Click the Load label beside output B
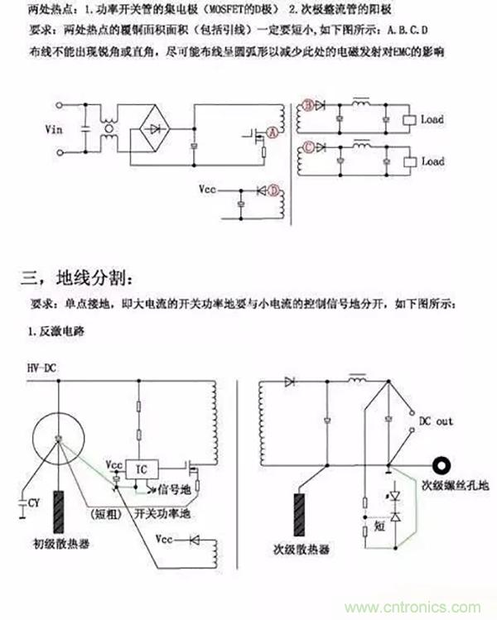432,119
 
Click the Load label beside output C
432,162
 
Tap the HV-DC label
41,367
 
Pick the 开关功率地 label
163,512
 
